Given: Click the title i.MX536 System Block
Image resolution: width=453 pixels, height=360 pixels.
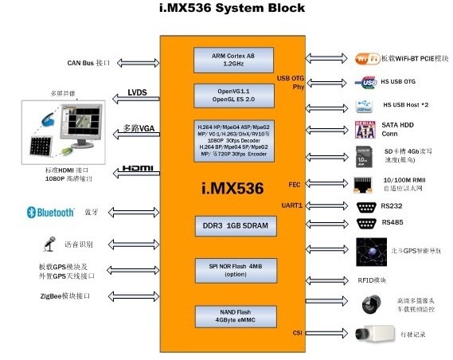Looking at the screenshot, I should click(226, 10).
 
